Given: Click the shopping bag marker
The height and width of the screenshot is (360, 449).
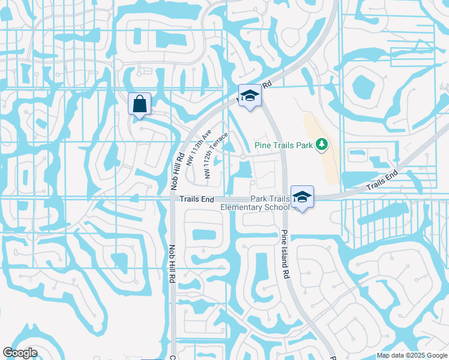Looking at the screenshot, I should coord(139,104).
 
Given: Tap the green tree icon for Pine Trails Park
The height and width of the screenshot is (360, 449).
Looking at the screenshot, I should coord(322,144).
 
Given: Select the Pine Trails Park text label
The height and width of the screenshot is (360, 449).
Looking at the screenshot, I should coord(285,145).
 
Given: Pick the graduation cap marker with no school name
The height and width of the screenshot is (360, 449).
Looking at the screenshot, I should coord(250,95).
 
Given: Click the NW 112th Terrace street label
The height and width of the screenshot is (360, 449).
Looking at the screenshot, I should coord(215,155).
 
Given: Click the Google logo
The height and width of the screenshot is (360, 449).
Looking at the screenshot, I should coord(20,352).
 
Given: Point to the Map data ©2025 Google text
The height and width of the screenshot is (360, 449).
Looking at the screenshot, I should coord(412,355).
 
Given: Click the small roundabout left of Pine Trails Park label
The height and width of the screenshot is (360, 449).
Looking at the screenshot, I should coord(243,157).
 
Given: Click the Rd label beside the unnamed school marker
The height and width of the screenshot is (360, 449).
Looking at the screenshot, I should coord(267,85).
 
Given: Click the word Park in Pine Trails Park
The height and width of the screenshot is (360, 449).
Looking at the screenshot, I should coord(304,145).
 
